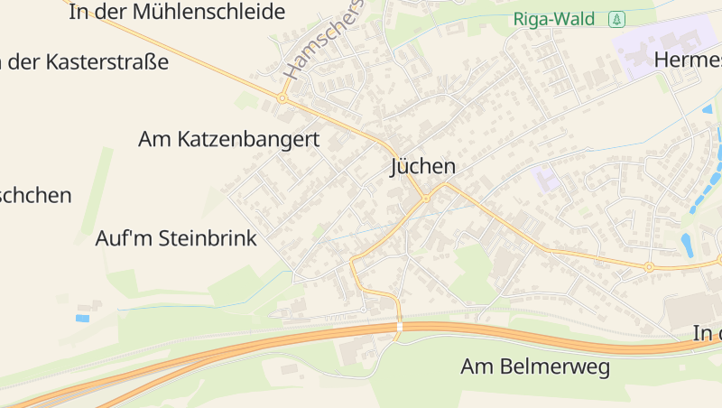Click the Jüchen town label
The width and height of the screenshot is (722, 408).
click(x=422, y=167)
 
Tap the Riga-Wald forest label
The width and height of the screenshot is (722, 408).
click(x=559, y=18)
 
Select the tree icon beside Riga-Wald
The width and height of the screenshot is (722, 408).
click(x=616, y=18)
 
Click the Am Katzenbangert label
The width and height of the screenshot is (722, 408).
click(x=230, y=140)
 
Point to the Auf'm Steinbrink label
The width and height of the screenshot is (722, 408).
click(x=177, y=239)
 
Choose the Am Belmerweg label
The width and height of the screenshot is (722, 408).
click(x=535, y=367)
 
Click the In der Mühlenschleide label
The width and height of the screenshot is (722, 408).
click(x=177, y=13)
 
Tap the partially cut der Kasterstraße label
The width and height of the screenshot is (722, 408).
click(x=85, y=62)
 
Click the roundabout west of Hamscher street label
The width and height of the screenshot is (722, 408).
click(x=282, y=97)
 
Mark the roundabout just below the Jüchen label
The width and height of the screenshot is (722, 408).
click(x=426, y=198)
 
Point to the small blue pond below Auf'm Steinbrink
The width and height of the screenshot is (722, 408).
click(x=83, y=318)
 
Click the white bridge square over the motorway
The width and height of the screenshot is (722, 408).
click(x=399, y=327)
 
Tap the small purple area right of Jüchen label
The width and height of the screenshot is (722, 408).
click(x=545, y=178)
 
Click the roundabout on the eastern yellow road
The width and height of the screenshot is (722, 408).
click(x=648, y=267)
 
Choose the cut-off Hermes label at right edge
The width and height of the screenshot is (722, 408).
click(x=688, y=60)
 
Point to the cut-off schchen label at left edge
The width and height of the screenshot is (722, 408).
click(x=36, y=195)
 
